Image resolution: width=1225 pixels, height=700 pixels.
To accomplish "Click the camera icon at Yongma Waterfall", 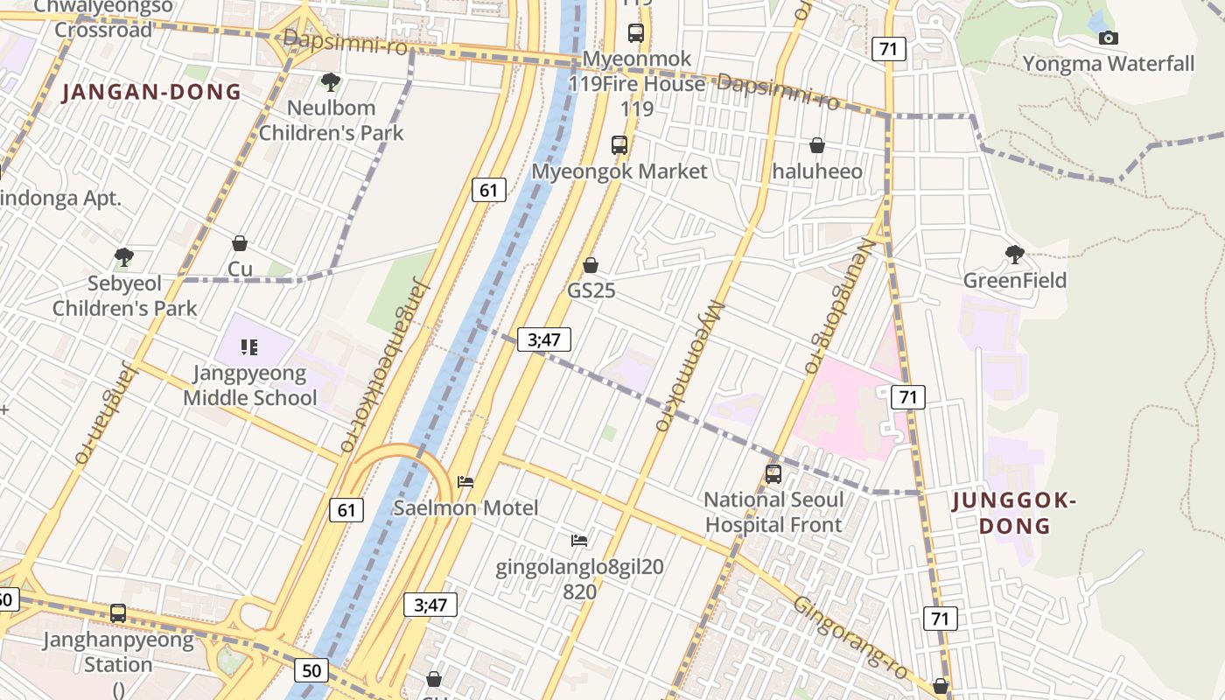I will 1108,38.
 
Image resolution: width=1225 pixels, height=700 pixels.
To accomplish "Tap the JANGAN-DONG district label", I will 151,92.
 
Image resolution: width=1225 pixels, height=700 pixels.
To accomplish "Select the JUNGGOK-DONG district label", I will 1013,513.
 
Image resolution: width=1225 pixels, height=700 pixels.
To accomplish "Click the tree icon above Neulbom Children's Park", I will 330,82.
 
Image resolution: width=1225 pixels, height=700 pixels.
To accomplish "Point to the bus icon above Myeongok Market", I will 619,145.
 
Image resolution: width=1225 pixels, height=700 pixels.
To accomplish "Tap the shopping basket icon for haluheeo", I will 817,145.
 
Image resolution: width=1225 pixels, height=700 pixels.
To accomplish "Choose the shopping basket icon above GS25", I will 591,265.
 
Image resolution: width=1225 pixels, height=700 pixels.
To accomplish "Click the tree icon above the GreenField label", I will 1014,255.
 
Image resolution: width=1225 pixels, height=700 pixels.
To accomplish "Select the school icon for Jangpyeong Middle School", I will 249,347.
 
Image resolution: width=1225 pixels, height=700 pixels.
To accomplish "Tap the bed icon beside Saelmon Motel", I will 465,482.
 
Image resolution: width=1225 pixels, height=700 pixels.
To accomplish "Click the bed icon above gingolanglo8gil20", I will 578,541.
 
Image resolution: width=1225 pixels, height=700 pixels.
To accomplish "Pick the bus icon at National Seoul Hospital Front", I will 773,474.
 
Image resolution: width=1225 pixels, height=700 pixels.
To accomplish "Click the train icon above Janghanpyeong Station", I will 117,613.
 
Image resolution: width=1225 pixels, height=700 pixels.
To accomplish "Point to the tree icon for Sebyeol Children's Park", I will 123,257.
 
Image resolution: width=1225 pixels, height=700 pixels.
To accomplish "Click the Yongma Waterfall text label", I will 1108,64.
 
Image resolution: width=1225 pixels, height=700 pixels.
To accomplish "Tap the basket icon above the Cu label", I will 240,243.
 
